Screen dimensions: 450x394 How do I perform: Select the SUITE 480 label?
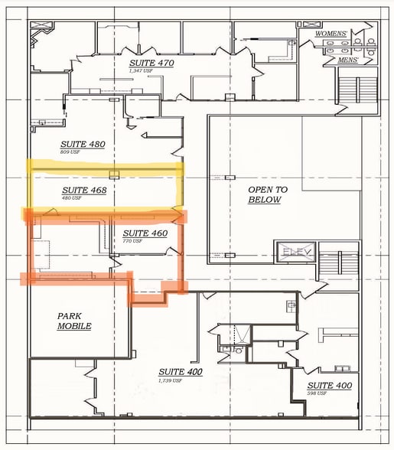[x=82, y=144]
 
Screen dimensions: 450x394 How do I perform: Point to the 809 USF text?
[x=70, y=152]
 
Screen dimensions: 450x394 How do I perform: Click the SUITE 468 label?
[x=83, y=190]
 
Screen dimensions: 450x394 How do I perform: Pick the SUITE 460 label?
[x=145, y=233]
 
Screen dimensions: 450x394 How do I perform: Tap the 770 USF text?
[x=132, y=241]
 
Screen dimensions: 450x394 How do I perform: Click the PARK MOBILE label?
[x=74, y=321]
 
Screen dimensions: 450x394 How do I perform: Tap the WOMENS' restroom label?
[x=331, y=34]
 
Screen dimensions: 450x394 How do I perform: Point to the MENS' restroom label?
[x=336, y=60]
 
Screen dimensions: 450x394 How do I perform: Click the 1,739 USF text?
[x=170, y=380]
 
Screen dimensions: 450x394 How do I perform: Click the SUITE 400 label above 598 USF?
[x=329, y=386]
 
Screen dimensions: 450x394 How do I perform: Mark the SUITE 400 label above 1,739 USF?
[x=182, y=372]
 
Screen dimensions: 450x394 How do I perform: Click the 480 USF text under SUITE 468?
[x=70, y=198]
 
